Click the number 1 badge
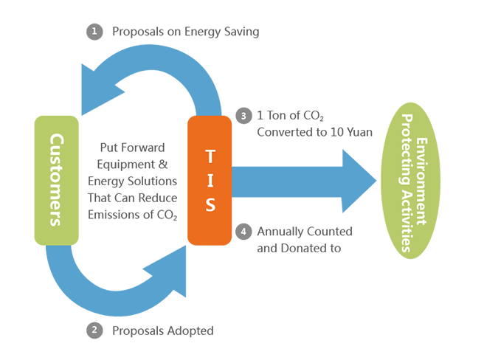[x=94, y=31]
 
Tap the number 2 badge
[x=94, y=330]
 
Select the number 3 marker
[x=243, y=117]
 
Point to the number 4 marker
[x=243, y=231]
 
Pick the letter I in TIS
[x=210, y=179]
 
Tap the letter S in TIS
[x=210, y=204]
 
